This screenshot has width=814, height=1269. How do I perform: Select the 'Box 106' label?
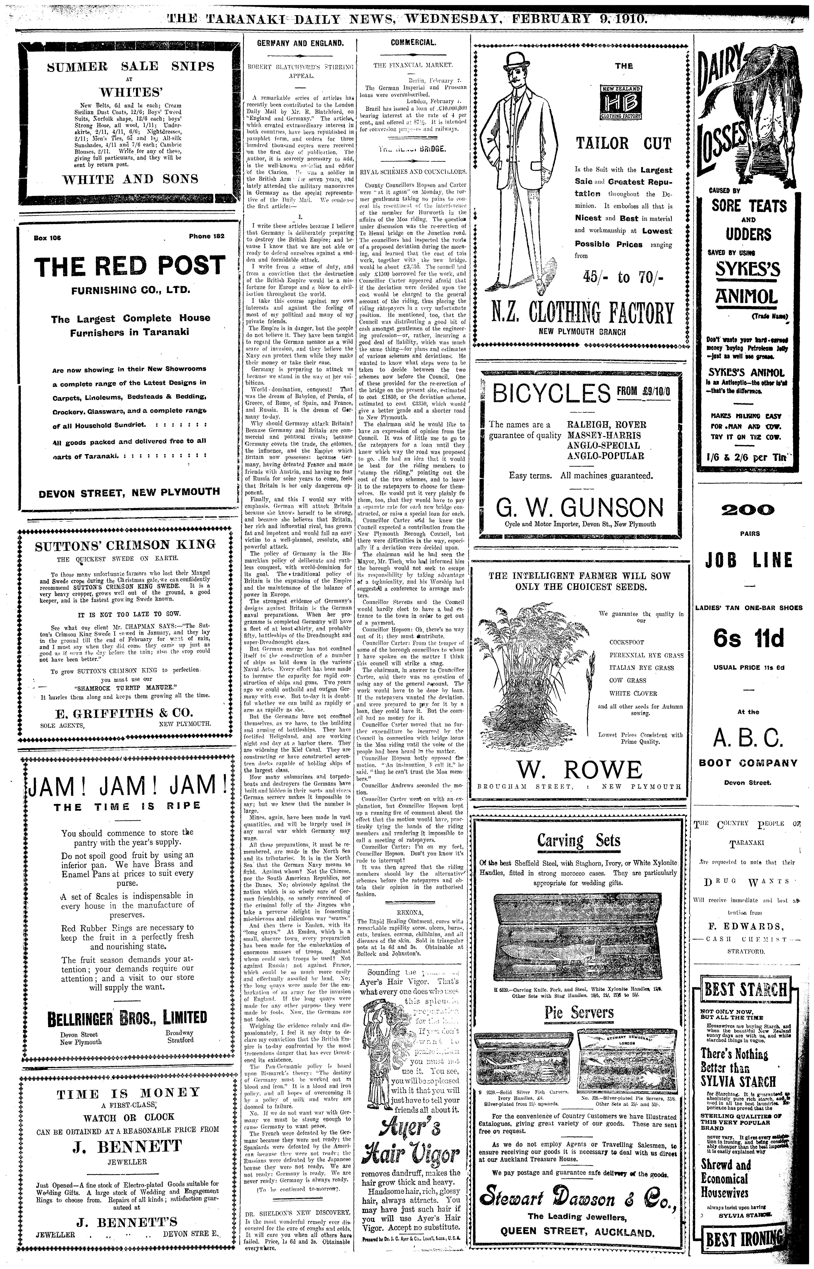pyautogui.click(x=48, y=238)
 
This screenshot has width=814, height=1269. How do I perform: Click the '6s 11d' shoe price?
pyautogui.click(x=748, y=639)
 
